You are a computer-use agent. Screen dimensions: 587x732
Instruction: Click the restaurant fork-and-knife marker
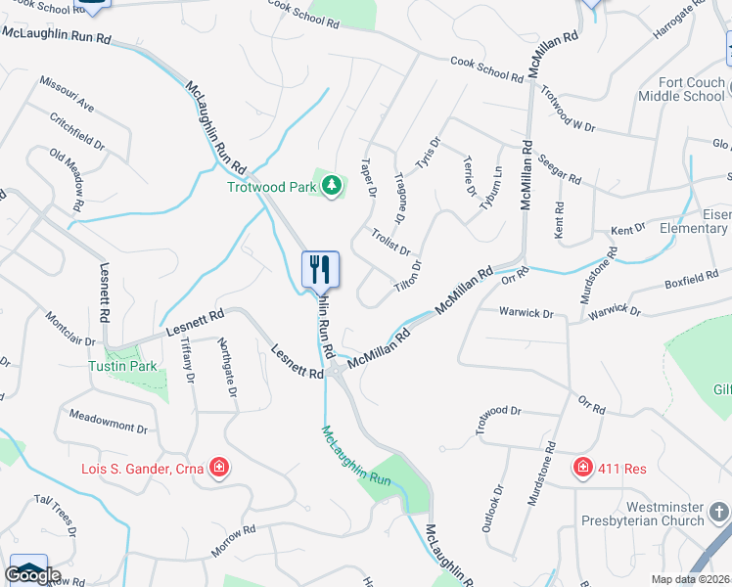(320, 269)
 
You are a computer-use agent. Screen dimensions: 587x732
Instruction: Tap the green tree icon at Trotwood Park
(333, 185)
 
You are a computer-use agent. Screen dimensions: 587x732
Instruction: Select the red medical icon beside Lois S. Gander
(219, 468)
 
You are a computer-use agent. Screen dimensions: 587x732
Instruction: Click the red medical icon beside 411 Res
(583, 468)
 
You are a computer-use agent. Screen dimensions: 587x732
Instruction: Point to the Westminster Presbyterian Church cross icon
(719, 512)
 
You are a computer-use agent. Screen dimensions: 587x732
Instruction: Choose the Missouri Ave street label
(68, 92)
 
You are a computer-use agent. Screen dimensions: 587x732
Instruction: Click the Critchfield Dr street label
(77, 130)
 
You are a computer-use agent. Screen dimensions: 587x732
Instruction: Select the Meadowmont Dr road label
(108, 422)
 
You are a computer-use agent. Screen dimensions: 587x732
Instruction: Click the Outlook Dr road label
(492, 508)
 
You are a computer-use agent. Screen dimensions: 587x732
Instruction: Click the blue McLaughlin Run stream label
(357, 459)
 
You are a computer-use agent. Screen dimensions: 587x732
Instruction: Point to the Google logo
(32, 575)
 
